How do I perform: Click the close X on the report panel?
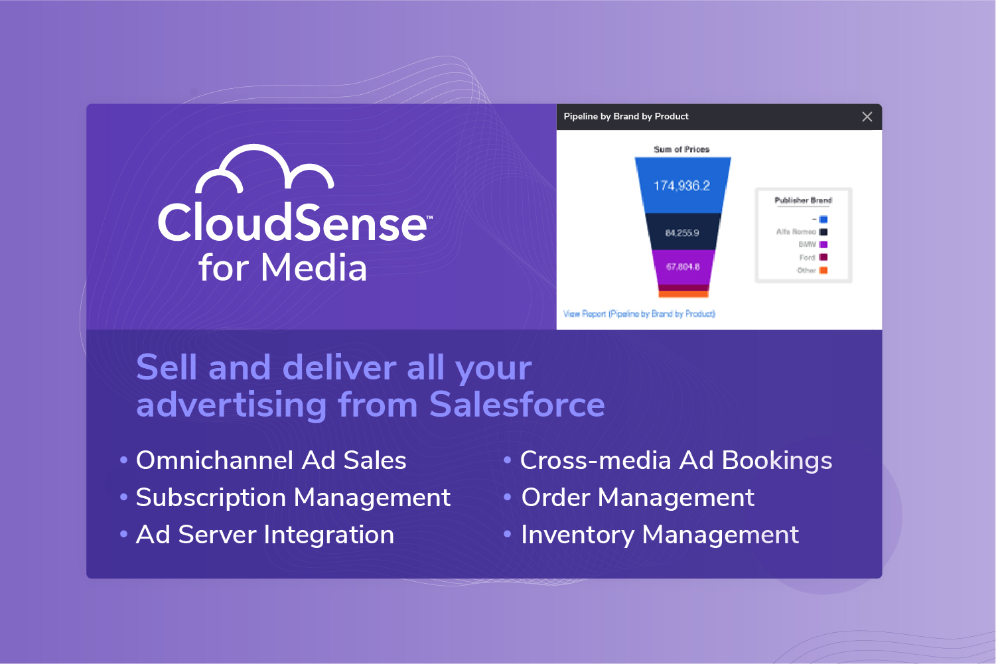tap(867, 117)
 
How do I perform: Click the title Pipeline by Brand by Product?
tap(626, 117)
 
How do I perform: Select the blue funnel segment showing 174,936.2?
tap(682, 185)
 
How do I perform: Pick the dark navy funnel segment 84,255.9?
tap(682, 232)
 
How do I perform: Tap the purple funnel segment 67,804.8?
tap(683, 267)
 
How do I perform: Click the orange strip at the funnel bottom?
tap(683, 294)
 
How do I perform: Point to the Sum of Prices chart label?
tap(681, 149)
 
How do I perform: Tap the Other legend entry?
tap(812, 270)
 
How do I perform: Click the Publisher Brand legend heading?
tap(803, 200)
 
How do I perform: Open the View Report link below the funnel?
tap(639, 314)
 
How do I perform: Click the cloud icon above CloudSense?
tap(264, 168)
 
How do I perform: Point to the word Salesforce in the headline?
tap(517, 405)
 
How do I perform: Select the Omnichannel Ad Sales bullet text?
tap(271, 460)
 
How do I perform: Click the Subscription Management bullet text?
tap(293, 498)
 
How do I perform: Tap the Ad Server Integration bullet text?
tap(265, 535)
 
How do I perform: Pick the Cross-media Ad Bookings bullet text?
tap(676, 460)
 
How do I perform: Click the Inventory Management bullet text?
tap(660, 535)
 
